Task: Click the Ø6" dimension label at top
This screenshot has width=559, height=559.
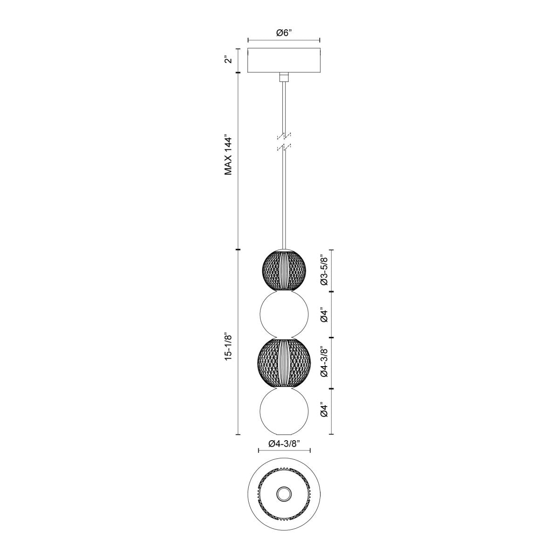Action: [x=284, y=33]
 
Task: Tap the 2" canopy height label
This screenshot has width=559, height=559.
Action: [x=228, y=60]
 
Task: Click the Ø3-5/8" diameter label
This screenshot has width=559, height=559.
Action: [x=325, y=270]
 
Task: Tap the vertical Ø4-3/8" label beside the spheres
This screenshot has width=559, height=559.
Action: [x=325, y=362]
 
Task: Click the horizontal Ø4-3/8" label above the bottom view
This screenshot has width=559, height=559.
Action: [x=284, y=444]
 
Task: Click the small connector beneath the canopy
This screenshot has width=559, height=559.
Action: [x=284, y=77]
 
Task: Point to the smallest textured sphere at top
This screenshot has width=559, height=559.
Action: [x=284, y=271]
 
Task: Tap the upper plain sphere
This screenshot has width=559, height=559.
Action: [x=284, y=315]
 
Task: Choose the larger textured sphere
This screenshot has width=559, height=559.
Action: [x=284, y=362]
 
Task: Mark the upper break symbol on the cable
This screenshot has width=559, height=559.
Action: [x=284, y=136]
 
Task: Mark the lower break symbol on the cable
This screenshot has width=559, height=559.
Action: [x=284, y=148]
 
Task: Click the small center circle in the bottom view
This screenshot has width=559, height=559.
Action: [x=284, y=493]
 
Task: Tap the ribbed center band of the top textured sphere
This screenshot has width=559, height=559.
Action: [x=284, y=271]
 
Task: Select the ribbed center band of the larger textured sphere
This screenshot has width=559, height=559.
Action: [x=284, y=362]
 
